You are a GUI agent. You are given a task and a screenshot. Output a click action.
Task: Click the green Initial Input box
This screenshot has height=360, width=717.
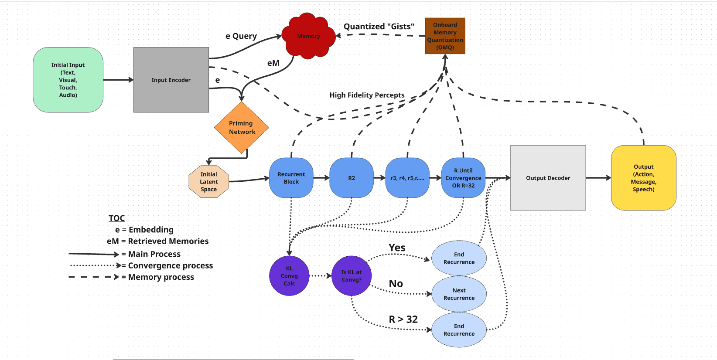coord(68,80)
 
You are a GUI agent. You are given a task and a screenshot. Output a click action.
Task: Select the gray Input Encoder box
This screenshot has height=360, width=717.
coord(171,80)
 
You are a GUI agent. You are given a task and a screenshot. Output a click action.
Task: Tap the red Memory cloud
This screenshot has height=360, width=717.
coord(309,36)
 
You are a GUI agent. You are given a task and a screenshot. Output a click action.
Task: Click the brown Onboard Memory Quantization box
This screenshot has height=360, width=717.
coord(445,36)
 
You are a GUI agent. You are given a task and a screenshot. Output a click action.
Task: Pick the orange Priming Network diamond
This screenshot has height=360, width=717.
coord(242,127)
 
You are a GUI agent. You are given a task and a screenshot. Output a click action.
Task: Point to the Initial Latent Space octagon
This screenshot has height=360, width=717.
coord(209,181)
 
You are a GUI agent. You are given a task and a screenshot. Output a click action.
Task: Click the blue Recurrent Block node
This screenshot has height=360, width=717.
coord(291,178)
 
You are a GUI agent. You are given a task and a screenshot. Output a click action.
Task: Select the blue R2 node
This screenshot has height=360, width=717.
coord(352,178)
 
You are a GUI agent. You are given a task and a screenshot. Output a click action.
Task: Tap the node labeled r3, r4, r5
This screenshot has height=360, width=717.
coord(407,178)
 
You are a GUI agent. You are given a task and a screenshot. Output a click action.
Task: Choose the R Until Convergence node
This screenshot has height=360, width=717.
coord(463,178)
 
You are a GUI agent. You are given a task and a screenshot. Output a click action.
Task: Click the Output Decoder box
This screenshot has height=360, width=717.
coord(548,178)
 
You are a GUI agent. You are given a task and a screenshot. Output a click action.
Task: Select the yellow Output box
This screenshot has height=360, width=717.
coord(643,178)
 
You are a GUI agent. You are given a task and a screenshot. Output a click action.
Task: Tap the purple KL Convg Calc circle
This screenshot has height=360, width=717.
coord(289,276)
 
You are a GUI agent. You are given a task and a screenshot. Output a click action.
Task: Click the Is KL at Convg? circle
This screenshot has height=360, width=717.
coord(352,276)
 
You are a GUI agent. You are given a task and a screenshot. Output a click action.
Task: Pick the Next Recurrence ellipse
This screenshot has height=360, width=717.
coord(459,294)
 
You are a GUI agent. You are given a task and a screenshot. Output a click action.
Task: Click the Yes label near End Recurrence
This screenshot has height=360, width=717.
coord(397,248)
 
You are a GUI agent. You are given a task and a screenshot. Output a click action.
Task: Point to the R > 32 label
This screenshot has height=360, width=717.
coord(403,319)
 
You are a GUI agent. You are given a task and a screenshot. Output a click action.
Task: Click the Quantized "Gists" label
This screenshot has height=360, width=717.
coord(379,27)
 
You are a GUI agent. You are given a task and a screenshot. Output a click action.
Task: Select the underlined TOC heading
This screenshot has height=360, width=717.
coord(116,218)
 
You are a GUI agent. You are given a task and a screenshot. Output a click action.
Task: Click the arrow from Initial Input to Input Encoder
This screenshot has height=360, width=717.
coord(118,80)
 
